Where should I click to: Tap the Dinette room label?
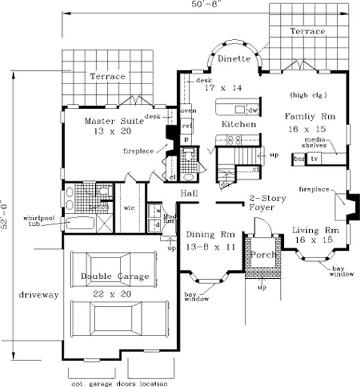(x=234, y=59)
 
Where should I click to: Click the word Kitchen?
(x=239, y=124)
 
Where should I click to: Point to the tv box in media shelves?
(x=315, y=159)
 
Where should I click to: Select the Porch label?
(x=263, y=255)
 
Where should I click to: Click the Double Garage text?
(x=115, y=276)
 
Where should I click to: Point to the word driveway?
(x=39, y=295)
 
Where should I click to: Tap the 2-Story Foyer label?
(x=267, y=203)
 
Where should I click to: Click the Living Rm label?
(x=312, y=231)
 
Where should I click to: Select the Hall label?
(x=190, y=193)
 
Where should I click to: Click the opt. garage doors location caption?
(x=119, y=384)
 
